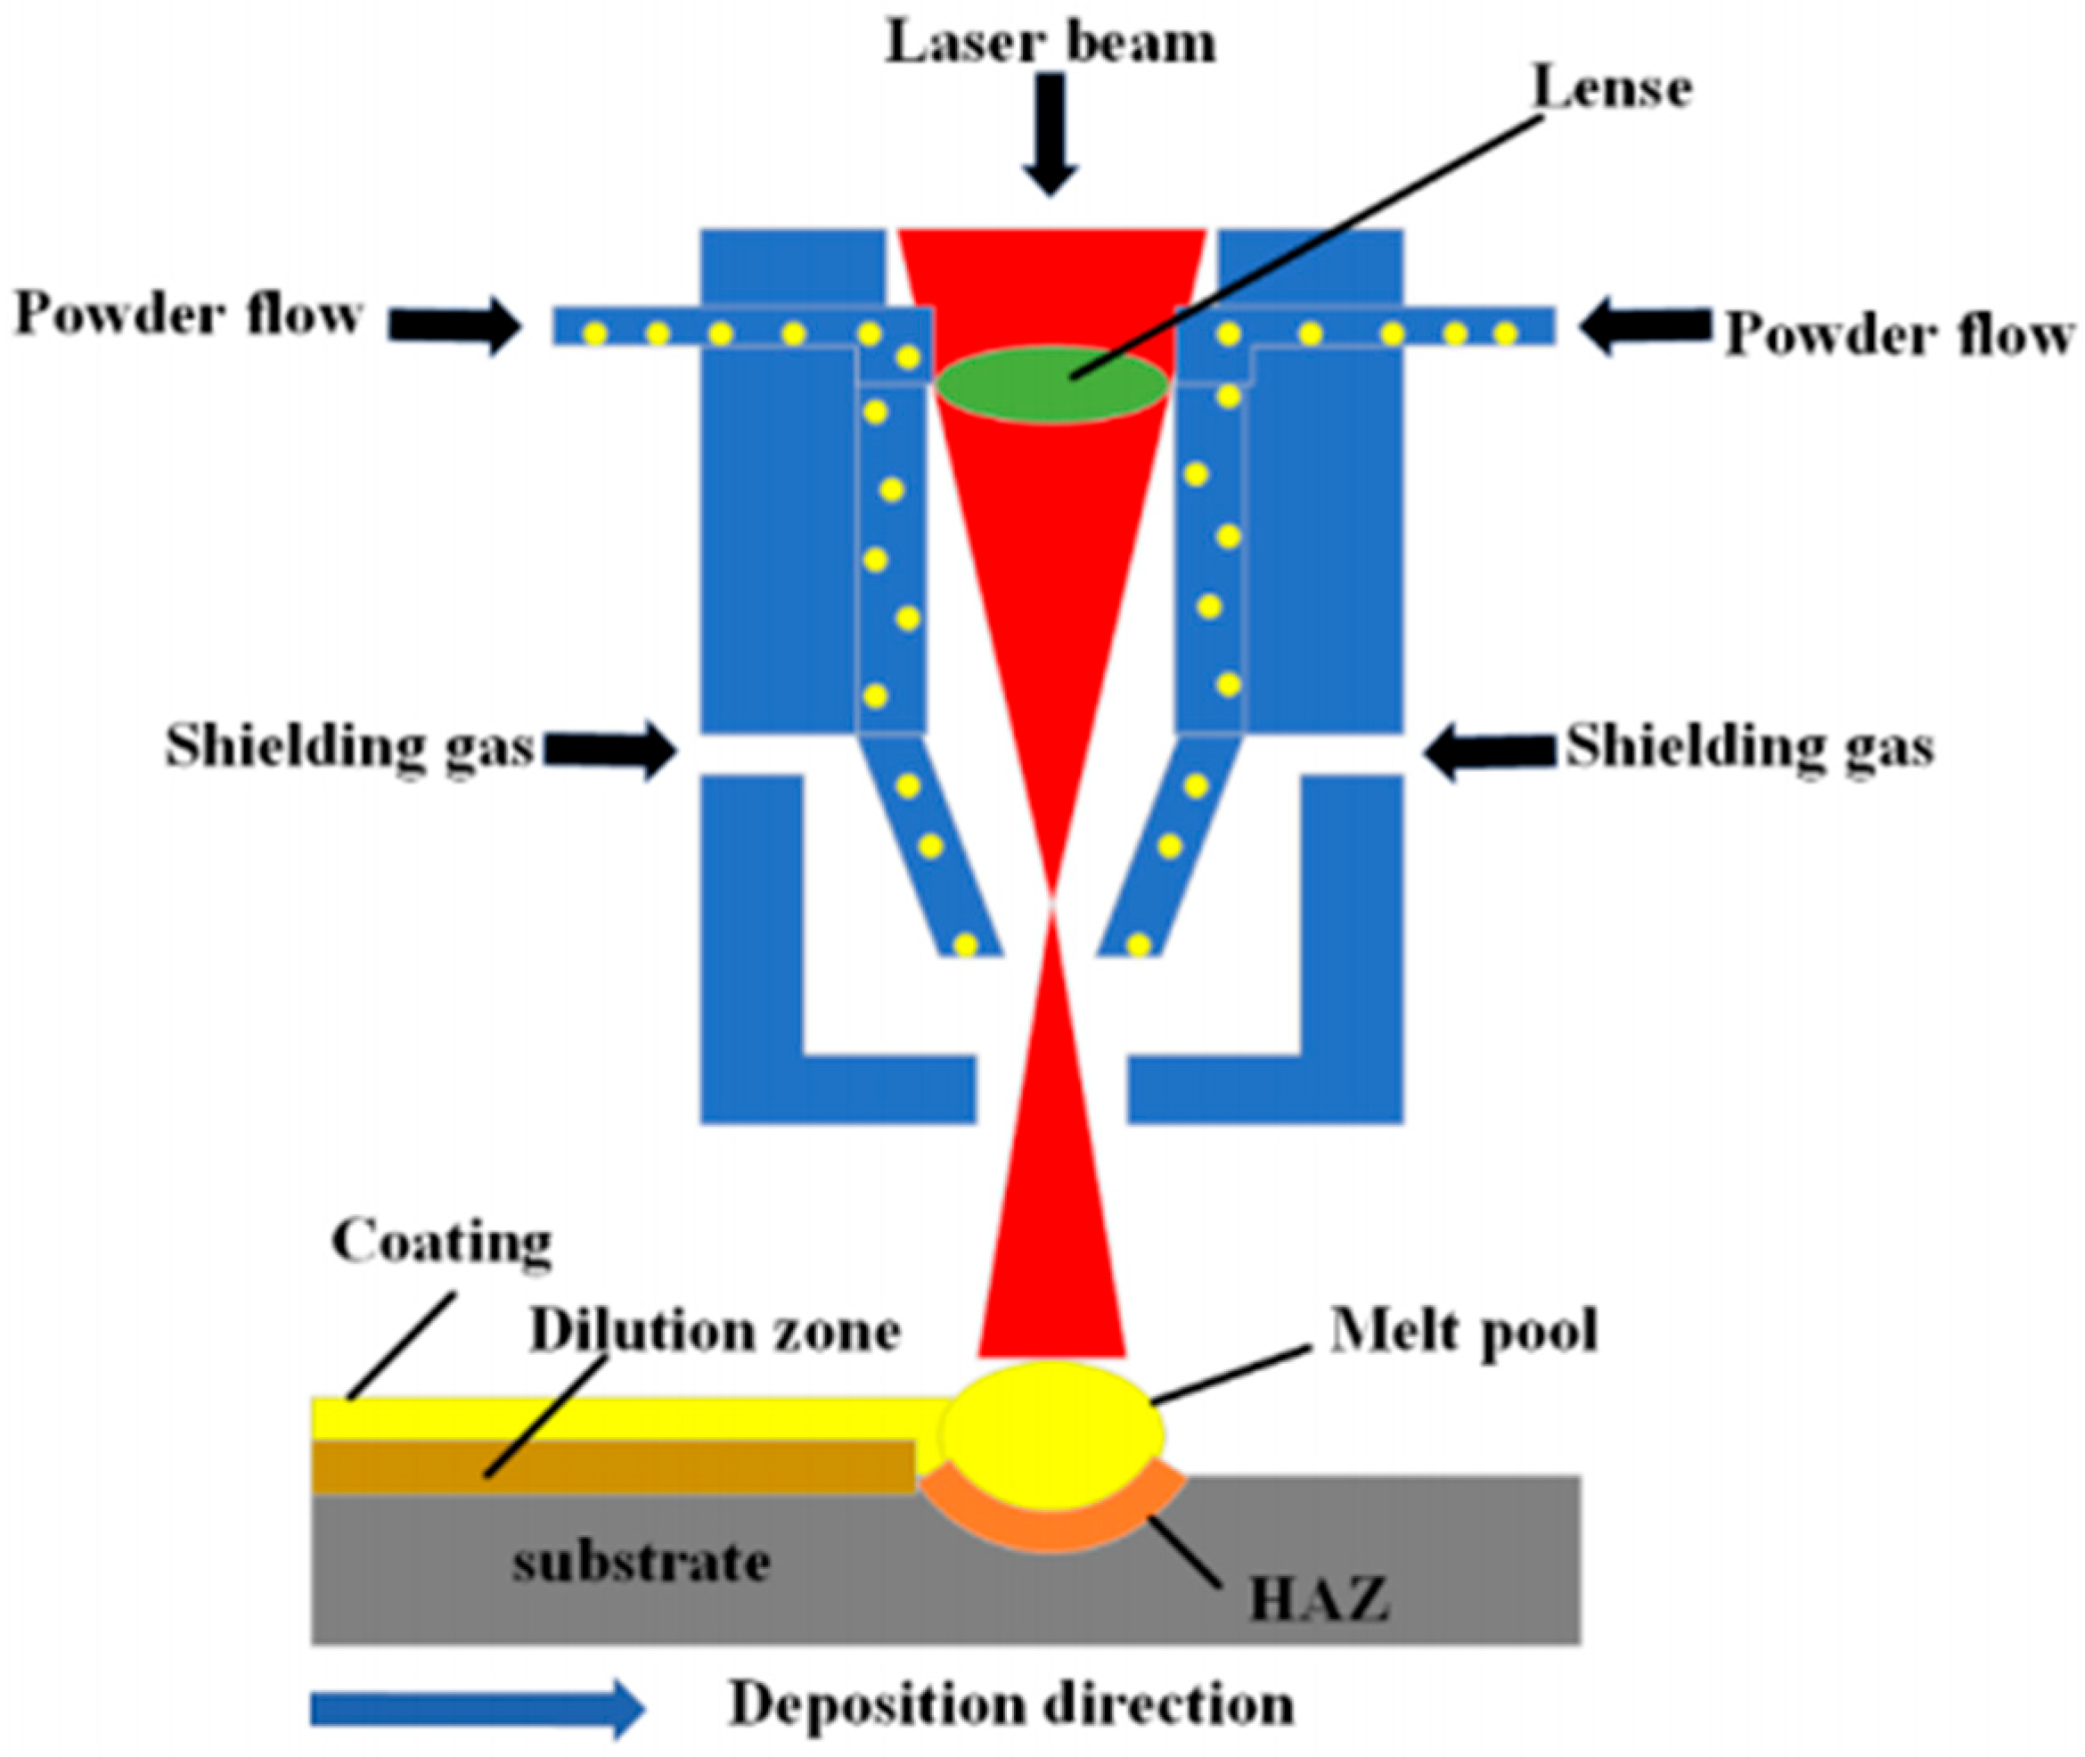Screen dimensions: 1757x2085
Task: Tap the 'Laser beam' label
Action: pos(1051,45)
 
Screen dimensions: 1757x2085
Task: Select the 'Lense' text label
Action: pos(1612,90)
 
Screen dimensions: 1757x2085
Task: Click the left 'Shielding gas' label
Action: pos(349,746)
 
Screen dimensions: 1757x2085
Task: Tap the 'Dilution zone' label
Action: pos(714,1332)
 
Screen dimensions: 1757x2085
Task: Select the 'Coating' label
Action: pos(441,1242)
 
